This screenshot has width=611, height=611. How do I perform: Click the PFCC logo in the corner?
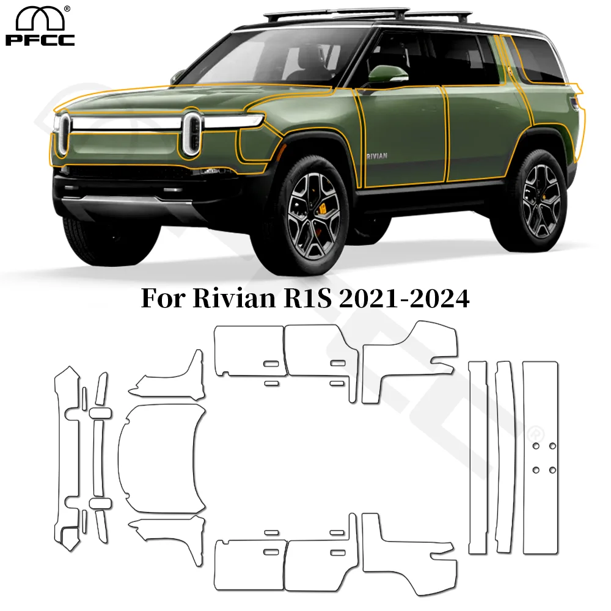point(40,26)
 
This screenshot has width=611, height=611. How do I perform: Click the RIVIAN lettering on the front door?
point(376,156)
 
